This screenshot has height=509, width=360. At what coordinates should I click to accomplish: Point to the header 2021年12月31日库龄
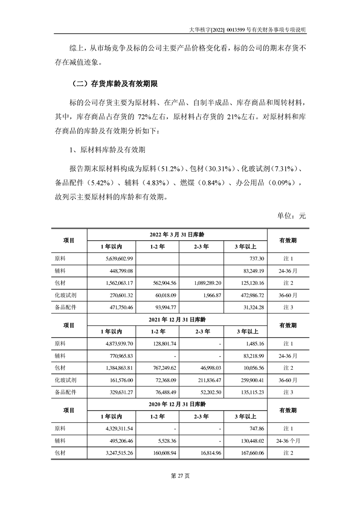[178, 319]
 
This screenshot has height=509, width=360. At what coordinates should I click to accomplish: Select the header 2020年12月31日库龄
[178, 404]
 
